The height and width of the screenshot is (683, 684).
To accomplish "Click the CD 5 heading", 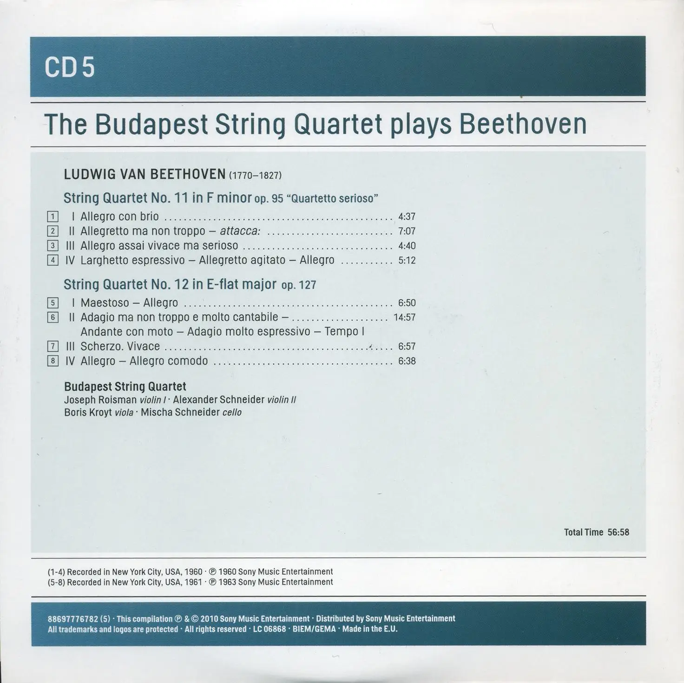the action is (70, 67).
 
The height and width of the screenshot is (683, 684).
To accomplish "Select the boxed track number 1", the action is (53, 217).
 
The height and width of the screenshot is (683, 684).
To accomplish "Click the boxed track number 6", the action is (53, 317).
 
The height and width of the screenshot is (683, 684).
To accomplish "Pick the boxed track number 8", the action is (53, 361).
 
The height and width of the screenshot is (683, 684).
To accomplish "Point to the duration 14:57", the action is (404, 317).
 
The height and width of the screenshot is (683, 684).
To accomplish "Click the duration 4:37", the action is (407, 217).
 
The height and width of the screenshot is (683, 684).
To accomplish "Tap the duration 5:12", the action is (407, 261).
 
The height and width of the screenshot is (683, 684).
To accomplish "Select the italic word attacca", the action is (240, 231).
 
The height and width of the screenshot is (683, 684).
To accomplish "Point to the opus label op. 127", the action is (298, 285).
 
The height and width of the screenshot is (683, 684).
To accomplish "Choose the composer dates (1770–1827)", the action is (255, 175).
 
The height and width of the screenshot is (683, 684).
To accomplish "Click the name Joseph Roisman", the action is (100, 400).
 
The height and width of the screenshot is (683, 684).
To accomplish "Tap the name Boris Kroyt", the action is (88, 413).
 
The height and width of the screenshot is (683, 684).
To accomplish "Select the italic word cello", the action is (232, 413).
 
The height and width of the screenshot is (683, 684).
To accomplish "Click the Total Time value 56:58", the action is (618, 532).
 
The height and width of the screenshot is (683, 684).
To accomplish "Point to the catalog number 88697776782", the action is (73, 619).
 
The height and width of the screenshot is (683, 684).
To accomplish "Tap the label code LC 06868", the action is (270, 630).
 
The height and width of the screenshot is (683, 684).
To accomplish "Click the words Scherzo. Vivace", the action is (120, 347).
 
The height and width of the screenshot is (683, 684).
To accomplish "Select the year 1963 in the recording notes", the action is (227, 582).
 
